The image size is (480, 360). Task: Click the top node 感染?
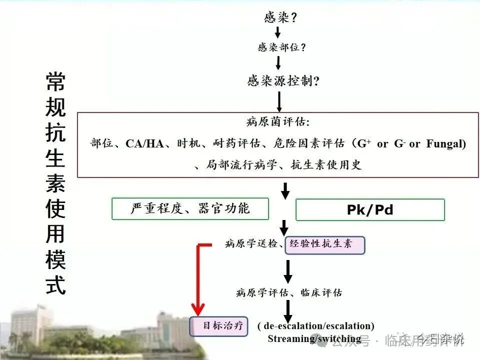point(280,17)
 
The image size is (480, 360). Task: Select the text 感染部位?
point(281,48)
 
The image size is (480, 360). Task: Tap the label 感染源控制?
point(283,80)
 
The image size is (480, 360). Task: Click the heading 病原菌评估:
point(278,122)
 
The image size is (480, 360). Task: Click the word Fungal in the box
point(446,144)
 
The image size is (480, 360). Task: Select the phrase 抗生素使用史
point(326,164)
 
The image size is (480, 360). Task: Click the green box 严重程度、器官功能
point(190,208)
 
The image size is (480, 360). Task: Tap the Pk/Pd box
point(370,209)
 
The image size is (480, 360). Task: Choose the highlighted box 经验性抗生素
point(324,244)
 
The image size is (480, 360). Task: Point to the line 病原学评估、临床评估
point(289,293)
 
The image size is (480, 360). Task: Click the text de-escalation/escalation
point(316,326)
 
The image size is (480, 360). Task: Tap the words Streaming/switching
point(314,338)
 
